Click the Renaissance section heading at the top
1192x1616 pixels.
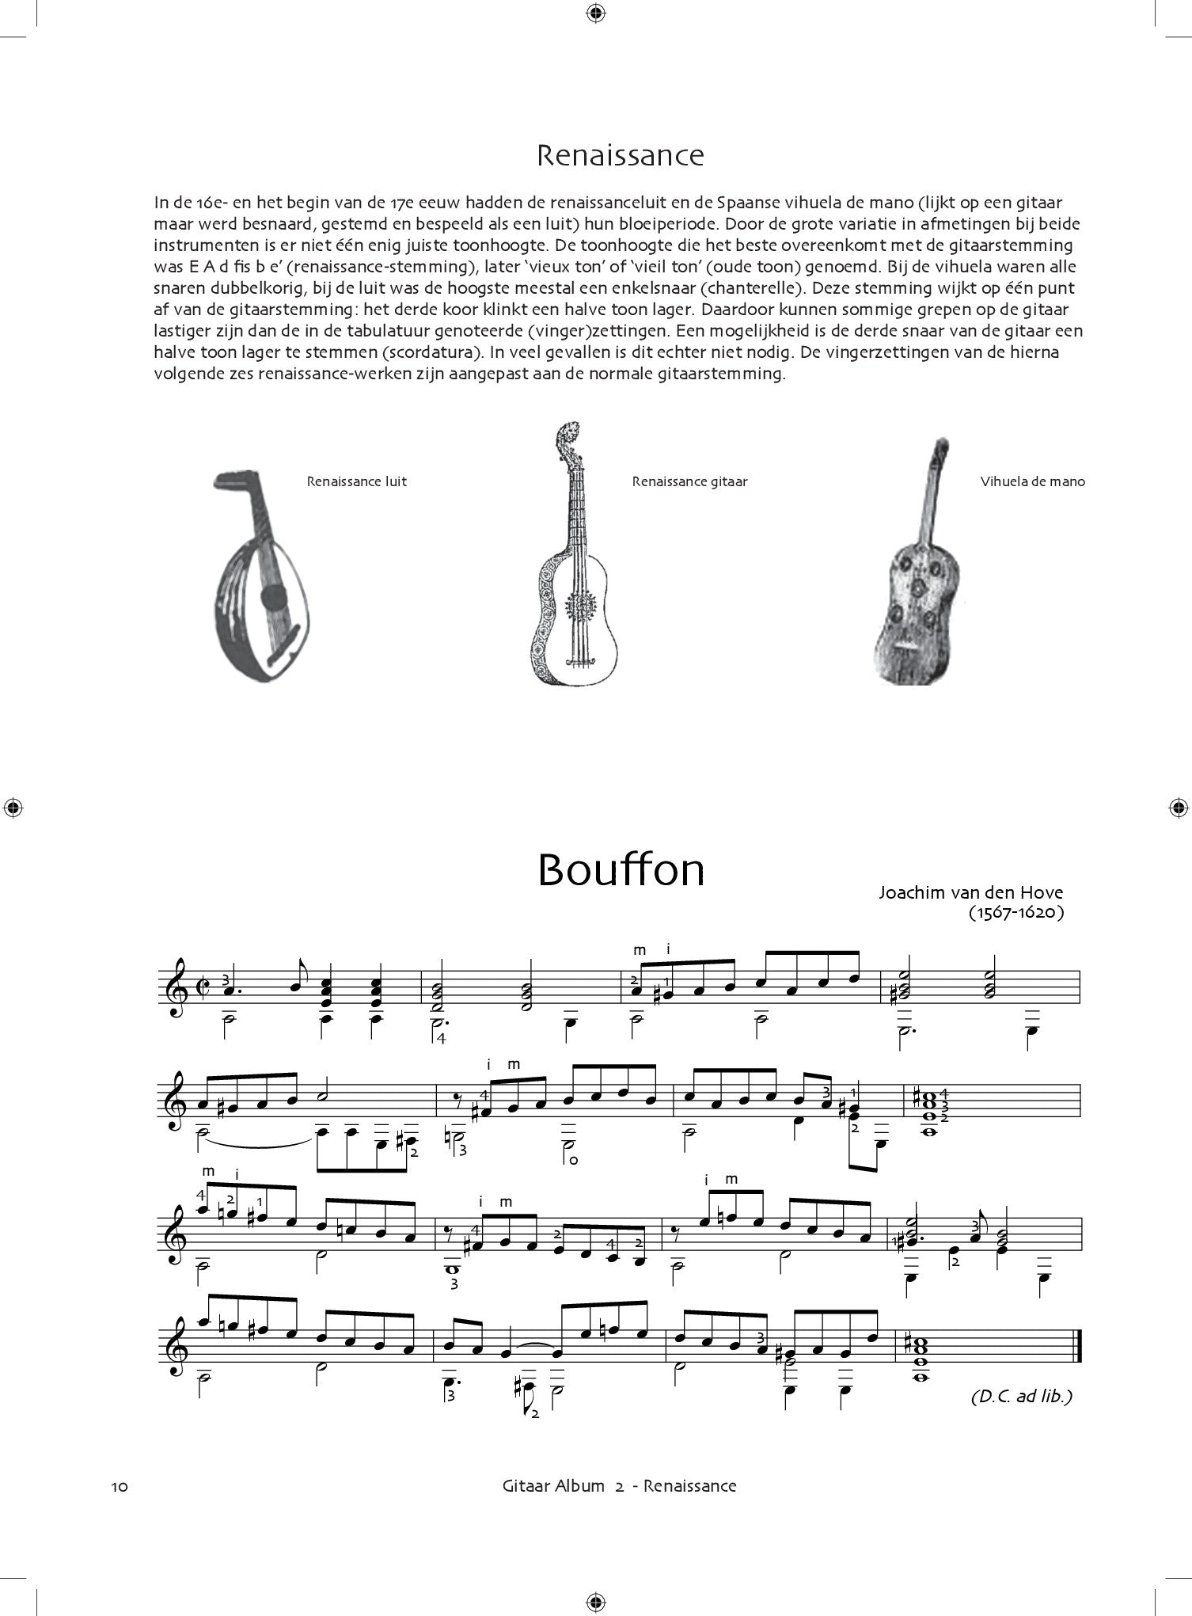click(x=620, y=155)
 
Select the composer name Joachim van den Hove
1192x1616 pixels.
click(x=970, y=892)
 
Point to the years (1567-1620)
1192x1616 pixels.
click(x=1015, y=912)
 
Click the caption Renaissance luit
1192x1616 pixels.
click(x=357, y=481)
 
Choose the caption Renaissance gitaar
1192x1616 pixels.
click(x=689, y=481)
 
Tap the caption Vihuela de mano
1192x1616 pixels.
click(x=1032, y=481)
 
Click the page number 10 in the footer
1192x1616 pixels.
click(x=120, y=1486)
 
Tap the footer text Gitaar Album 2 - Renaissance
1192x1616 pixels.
click(x=620, y=1485)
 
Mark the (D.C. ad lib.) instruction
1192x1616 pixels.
click(x=1021, y=1396)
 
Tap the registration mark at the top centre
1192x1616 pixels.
click(x=596, y=12)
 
